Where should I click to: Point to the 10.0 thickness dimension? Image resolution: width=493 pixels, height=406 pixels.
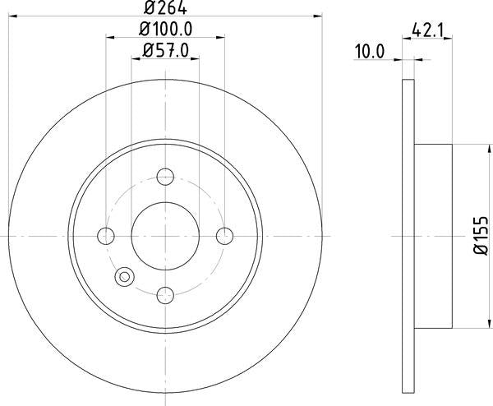tap(369, 51)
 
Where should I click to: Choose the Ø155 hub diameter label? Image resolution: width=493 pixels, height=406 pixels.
tap(481, 237)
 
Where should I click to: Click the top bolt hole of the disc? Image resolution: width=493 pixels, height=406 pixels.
tap(165, 176)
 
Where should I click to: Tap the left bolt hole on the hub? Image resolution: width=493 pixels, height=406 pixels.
tap(105, 236)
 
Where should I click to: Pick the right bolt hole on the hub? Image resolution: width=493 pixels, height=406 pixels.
tap(225, 236)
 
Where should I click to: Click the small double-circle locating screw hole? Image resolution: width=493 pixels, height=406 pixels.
tap(125, 277)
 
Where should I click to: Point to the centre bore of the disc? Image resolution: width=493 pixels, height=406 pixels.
tap(165, 236)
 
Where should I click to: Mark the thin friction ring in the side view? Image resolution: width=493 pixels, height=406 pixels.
tap(408, 236)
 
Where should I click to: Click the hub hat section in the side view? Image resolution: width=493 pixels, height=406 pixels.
tap(432, 236)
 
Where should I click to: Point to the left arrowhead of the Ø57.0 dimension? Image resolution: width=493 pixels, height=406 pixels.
tap(135, 58)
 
